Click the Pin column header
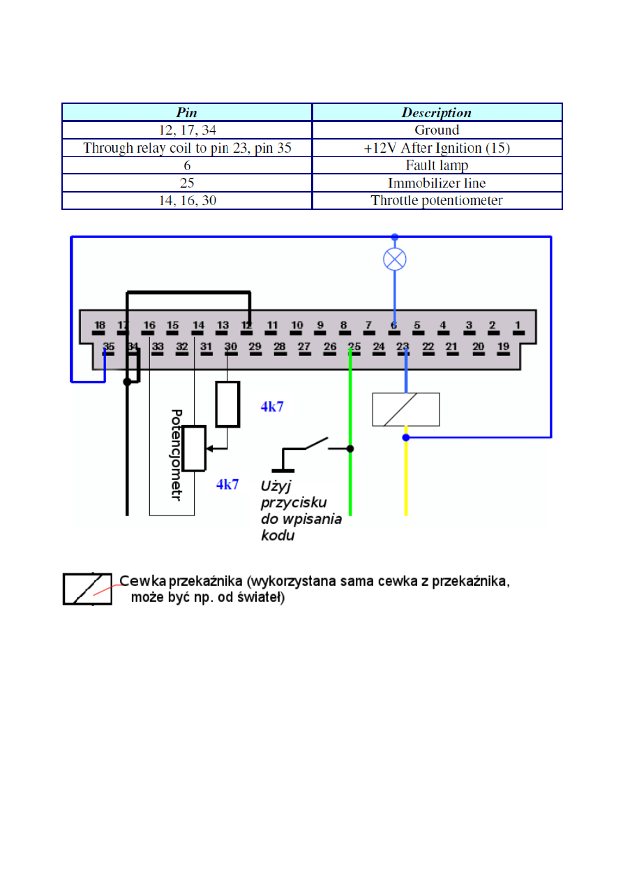pos(186,112)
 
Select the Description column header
pos(437,112)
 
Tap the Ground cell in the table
pos(437,130)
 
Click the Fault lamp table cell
pos(437,165)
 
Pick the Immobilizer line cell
pos(437,183)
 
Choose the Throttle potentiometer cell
pos(437,201)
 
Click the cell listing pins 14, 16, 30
pos(186,201)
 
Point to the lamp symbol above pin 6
pos(395,260)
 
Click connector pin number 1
pos(517,325)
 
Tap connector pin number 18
pos(100,326)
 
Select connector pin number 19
pos(502,347)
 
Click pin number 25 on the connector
pos(354,347)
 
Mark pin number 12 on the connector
pos(246,326)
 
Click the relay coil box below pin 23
pos(406,409)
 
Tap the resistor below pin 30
pos(227,404)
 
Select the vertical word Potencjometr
pos(177,455)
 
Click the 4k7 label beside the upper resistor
pos(272,407)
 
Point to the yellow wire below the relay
pos(406,481)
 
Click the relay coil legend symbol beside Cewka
pos(87,589)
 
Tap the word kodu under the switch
pos(277,536)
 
